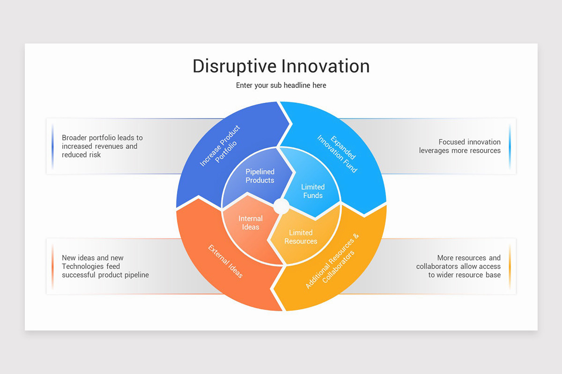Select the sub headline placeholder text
tap(281, 86)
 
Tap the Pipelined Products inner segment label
tap(260, 176)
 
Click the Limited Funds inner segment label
tap(313, 191)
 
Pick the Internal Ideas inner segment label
tap(251, 223)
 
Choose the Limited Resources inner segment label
tap(301, 237)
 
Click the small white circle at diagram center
tap(281, 206)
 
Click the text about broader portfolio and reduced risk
tap(102, 146)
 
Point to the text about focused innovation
tap(459, 146)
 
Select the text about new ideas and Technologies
tap(105, 266)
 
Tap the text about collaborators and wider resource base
tap(458, 266)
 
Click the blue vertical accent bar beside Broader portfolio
tap(52, 146)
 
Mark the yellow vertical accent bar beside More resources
tap(510, 266)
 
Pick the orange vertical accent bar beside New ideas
tap(52, 266)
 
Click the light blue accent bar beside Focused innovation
tap(510, 146)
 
